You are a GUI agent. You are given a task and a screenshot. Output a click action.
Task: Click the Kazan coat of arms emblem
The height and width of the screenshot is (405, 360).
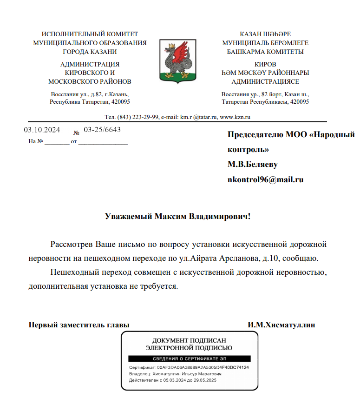[x=176, y=58]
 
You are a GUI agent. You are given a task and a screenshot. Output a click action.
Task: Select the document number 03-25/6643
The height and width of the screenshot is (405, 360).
[x=102, y=130]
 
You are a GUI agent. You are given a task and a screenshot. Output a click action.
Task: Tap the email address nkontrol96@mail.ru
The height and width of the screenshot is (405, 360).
[x=265, y=179]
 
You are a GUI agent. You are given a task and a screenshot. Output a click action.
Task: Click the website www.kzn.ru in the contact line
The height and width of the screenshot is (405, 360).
[x=235, y=117]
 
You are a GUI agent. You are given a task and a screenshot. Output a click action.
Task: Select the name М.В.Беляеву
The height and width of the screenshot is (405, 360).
[x=253, y=165]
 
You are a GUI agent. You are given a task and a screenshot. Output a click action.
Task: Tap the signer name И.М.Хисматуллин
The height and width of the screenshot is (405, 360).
[x=281, y=325]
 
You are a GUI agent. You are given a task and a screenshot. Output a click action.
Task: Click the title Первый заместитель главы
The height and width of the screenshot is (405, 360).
[x=79, y=325]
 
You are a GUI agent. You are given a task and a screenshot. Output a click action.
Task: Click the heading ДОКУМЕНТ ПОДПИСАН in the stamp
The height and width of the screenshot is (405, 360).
[x=189, y=340]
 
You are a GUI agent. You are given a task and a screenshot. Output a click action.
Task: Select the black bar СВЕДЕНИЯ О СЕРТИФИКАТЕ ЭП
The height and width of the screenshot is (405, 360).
[x=189, y=359]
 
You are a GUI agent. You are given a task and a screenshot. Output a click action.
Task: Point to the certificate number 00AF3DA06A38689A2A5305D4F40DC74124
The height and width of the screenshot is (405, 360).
[x=203, y=367]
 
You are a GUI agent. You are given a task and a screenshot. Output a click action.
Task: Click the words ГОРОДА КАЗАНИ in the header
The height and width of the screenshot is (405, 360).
[x=90, y=52]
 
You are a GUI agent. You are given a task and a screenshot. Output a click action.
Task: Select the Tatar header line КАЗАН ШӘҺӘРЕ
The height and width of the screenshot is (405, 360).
[x=265, y=34]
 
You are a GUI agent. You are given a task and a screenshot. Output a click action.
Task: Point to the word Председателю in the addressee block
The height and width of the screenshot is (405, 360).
[x=254, y=135]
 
